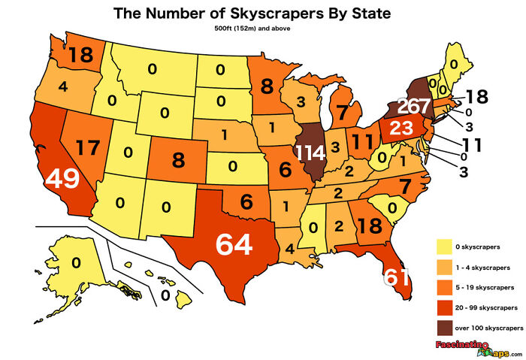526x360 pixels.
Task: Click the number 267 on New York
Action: coord(413,105)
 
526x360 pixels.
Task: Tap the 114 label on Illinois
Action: coord(311,153)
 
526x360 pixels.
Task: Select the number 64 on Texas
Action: coord(234,244)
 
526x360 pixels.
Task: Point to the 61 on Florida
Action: coord(397,277)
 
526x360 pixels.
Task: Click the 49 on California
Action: coord(62,179)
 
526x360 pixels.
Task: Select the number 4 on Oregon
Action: coord(63,86)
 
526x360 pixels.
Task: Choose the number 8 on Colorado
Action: coord(177,159)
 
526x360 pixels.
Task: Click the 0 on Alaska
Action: coord(76,262)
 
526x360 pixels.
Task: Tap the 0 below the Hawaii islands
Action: coord(165,295)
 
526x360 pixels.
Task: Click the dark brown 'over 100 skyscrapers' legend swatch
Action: coord(445,327)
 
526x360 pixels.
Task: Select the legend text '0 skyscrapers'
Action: coord(480,247)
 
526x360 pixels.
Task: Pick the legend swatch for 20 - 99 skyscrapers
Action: coord(445,307)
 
